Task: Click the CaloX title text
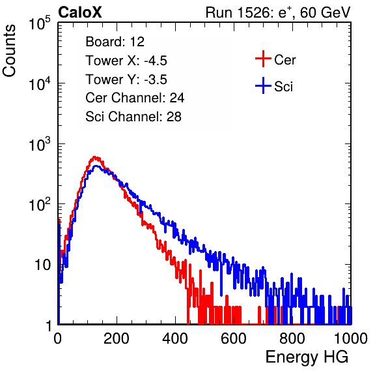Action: click(x=80, y=12)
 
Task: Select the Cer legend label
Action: click(x=284, y=60)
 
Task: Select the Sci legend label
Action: click(x=283, y=87)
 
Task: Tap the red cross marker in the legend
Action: click(x=263, y=59)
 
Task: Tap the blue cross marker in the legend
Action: click(x=263, y=86)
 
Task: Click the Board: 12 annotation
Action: click(x=115, y=42)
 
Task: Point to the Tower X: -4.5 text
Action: click(x=126, y=61)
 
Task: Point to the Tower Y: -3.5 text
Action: click(x=126, y=80)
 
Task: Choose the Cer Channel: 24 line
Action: click(x=135, y=98)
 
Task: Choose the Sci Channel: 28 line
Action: click(x=133, y=117)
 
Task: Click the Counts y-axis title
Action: click(x=9, y=51)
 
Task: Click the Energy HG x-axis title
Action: click(x=307, y=357)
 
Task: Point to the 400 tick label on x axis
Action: click(x=175, y=338)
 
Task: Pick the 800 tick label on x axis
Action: click(x=292, y=338)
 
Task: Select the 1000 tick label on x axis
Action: click(x=351, y=338)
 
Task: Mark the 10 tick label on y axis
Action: click(x=42, y=265)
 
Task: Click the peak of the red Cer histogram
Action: click(x=94, y=157)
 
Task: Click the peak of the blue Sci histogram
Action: click(x=97, y=166)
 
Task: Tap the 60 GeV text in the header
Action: click(x=325, y=12)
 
